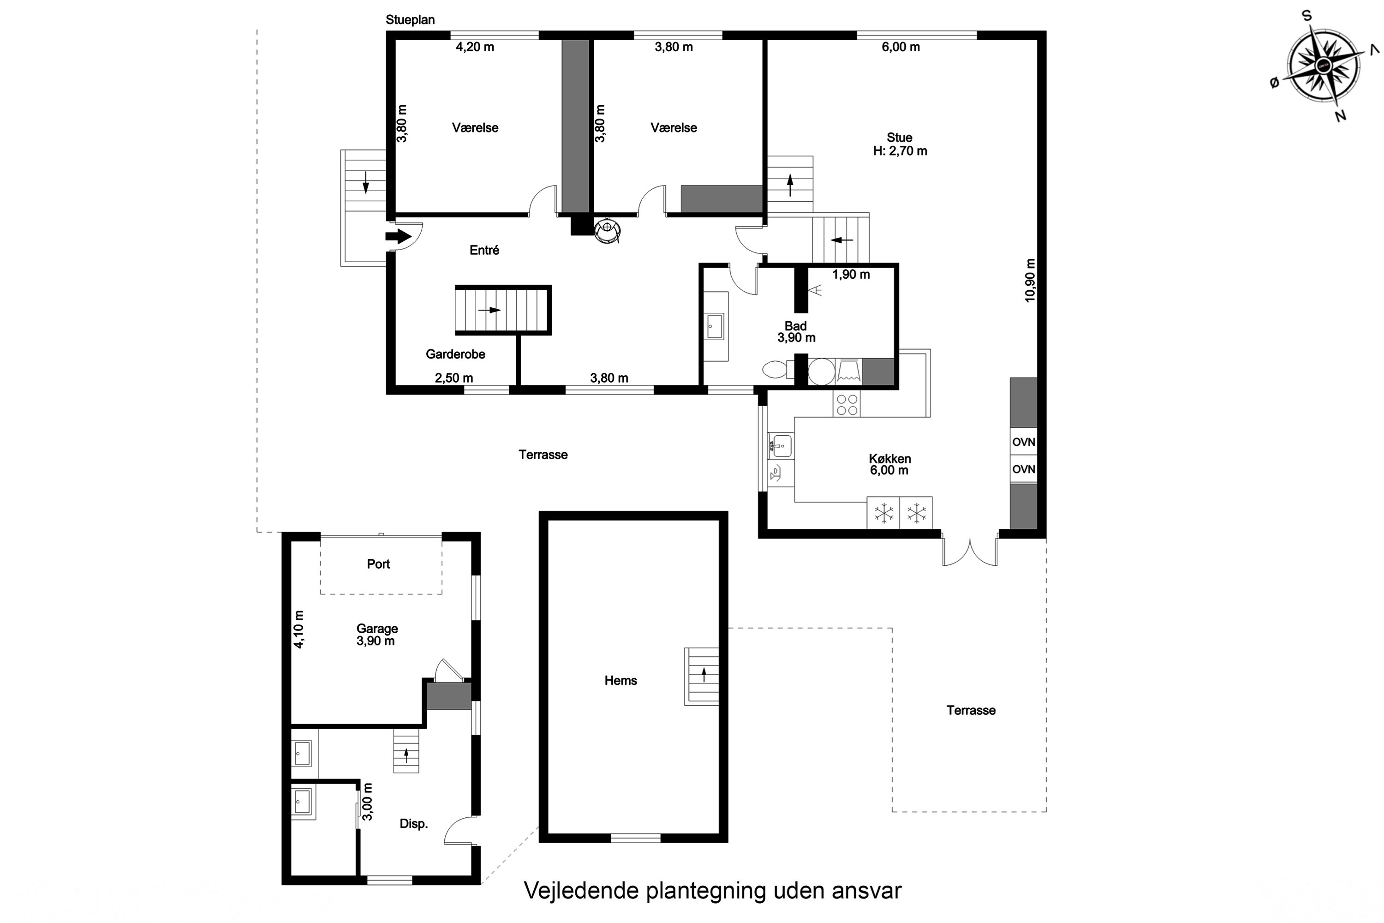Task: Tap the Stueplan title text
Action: [x=410, y=19]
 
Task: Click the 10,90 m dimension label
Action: [x=1030, y=280]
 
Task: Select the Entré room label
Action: [x=484, y=250]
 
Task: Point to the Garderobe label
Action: [x=455, y=354]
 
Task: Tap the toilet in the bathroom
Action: [x=775, y=370]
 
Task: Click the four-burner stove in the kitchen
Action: [x=847, y=404]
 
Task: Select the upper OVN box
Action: [x=1023, y=442]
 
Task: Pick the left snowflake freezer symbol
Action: [x=883, y=513]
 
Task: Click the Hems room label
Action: [x=621, y=680]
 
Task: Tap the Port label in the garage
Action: [x=378, y=564]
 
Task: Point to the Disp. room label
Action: [x=414, y=823]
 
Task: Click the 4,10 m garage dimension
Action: [x=299, y=630]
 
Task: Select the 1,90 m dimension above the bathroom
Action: [x=851, y=274]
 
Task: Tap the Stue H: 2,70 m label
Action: [x=900, y=144]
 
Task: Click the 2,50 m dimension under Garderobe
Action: [x=453, y=378]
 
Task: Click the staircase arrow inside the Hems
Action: [x=704, y=675]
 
